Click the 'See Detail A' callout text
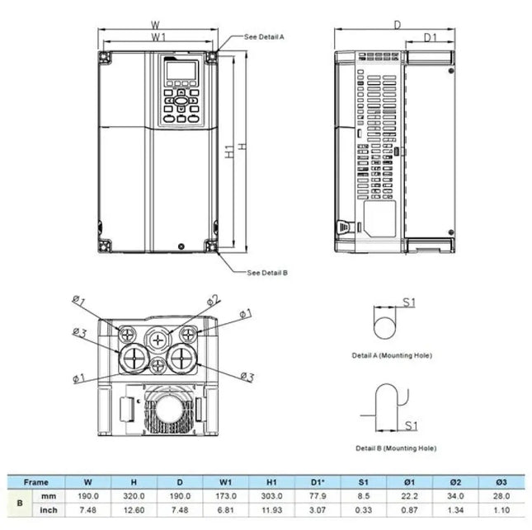[265, 37]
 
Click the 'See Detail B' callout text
[267, 272]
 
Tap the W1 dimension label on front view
[159, 38]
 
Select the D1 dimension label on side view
[430, 38]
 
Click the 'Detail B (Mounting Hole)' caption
[396, 448]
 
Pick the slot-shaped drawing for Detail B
[387, 409]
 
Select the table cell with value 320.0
[134, 496]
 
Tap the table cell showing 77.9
[318, 496]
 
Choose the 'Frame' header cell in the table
[36, 482]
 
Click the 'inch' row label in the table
[49, 510]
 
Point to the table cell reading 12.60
[134, 510]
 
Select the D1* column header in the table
[318, 482]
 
